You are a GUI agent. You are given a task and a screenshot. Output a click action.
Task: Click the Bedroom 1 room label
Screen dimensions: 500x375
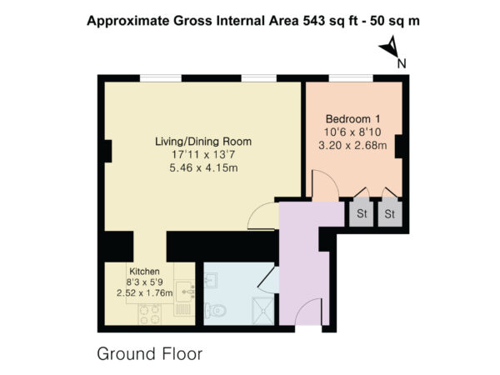(352, 119)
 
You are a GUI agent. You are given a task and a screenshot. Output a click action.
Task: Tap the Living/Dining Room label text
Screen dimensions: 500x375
(203, 142)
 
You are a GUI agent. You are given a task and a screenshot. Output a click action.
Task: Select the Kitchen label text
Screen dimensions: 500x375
(144, 272)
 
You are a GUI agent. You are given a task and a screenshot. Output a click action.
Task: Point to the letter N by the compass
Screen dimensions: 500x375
(402, 64)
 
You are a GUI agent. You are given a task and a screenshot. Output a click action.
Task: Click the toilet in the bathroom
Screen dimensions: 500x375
(216, 310)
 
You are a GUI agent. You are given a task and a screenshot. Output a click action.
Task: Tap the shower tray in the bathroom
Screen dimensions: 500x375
(263, 311)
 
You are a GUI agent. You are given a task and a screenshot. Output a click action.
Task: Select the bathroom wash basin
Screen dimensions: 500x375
(211, 280)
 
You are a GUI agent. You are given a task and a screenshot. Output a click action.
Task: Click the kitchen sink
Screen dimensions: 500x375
(184, 291)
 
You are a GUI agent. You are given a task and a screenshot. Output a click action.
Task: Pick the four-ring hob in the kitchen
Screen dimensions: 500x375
(149, 314)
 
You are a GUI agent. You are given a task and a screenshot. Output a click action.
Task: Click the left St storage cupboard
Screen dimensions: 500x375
(362, 213)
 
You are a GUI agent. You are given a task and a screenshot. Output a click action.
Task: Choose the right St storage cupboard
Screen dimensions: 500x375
(390, 213)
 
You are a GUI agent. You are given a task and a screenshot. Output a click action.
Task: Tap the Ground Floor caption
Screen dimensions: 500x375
(149, 354)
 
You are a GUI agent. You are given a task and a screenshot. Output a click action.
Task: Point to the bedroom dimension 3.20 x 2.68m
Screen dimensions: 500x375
(352, 145)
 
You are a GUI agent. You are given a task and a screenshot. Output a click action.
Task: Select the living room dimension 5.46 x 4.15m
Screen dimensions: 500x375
(203, 167)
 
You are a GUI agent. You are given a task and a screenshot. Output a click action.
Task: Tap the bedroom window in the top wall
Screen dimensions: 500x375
(351, 78)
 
